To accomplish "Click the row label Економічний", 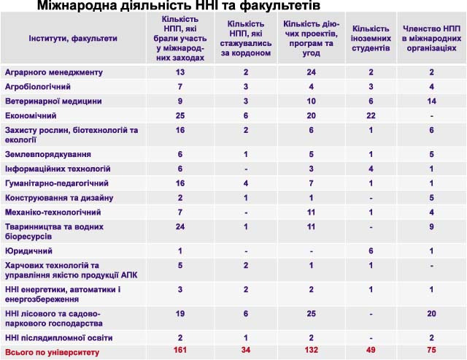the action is pos(31,115).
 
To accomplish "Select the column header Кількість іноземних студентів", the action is pos(371,39).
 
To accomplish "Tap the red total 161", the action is pos(180,350).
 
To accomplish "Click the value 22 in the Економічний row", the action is pos(371,115).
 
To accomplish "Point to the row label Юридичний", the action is pos(28,251).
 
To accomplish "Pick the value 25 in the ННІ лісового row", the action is pos(312,313).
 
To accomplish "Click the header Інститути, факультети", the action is pos(73,39).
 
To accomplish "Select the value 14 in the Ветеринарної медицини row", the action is pos(431,101).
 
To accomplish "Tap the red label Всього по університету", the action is pos(52,353).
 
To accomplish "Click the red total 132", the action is pos(312,350).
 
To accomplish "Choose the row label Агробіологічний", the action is pos(38,87).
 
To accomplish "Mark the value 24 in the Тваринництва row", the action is pos(180,227).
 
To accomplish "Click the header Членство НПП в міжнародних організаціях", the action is pos(431,39).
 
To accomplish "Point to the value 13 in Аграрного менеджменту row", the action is pos(180,72).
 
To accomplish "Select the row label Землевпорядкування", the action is pos(48,154).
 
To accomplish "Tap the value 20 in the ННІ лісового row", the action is pos(431,313).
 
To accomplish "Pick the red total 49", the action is pos(371,350).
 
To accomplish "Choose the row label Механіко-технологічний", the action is pos(53,212).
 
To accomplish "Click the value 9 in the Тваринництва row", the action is pos(431,227).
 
